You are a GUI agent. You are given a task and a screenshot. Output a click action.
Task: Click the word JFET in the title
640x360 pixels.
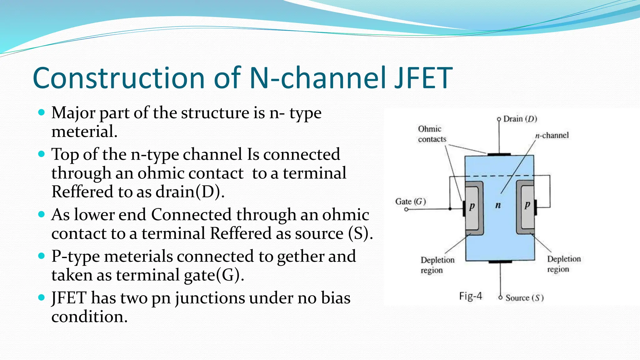(423, 78)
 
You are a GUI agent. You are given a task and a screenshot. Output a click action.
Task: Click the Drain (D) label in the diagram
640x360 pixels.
(520, 119)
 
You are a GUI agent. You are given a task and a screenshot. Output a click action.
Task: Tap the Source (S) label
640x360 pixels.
(524, 298)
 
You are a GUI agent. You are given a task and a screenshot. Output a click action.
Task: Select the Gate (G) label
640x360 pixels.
(410, 202)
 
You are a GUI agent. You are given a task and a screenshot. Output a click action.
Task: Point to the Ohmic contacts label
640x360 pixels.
(432, 134)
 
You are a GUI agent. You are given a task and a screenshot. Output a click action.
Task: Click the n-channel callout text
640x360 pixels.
(552, 135)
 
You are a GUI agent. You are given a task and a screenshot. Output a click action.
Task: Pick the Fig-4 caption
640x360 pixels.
(470, 296)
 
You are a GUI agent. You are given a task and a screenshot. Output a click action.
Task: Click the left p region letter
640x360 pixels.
(472, 206)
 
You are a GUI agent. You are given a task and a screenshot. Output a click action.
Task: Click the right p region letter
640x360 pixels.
(527, 205)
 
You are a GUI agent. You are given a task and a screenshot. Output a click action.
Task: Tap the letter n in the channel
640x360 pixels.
(498, 205)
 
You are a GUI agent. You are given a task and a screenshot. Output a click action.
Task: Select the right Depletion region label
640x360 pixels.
(563, 264)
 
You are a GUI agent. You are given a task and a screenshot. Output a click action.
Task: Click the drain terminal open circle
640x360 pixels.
(499, 119)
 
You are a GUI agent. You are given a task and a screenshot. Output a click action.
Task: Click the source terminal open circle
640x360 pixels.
(500, 297)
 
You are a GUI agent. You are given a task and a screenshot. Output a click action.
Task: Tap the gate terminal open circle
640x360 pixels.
(406, 209)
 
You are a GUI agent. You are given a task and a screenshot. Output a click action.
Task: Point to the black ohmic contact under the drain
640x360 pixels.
(499, 154)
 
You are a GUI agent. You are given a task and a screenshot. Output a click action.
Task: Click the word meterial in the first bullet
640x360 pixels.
(84, 132)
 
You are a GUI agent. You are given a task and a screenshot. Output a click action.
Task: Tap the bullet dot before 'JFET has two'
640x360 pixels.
(42, 297)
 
